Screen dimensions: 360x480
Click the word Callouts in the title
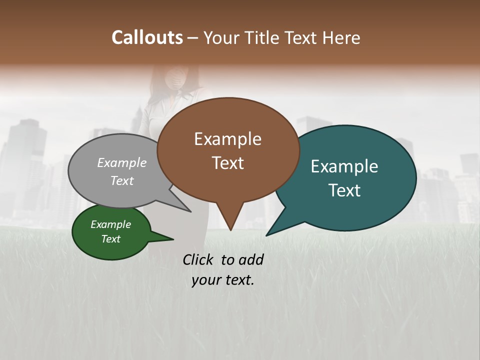(x=147, y=37)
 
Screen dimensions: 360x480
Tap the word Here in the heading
(x=341, y=37)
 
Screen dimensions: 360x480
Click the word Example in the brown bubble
(x=227, y=139)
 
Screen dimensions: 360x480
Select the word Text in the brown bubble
(x=227, y=163)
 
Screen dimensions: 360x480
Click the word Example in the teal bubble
(x=344, y=166)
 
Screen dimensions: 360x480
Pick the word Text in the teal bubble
(x=344, y=190)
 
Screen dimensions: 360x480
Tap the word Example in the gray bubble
(x=121, y=162)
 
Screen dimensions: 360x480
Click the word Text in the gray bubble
(x=121, y=180)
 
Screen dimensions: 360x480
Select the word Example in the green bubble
(x=110, y=224)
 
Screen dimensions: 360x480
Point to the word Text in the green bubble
(x=110, y=239)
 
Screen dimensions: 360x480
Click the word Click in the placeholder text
(x=199, y=259)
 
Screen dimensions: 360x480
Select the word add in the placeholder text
(x=250, y=259)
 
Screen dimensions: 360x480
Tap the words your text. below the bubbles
(x=223, y=280)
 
